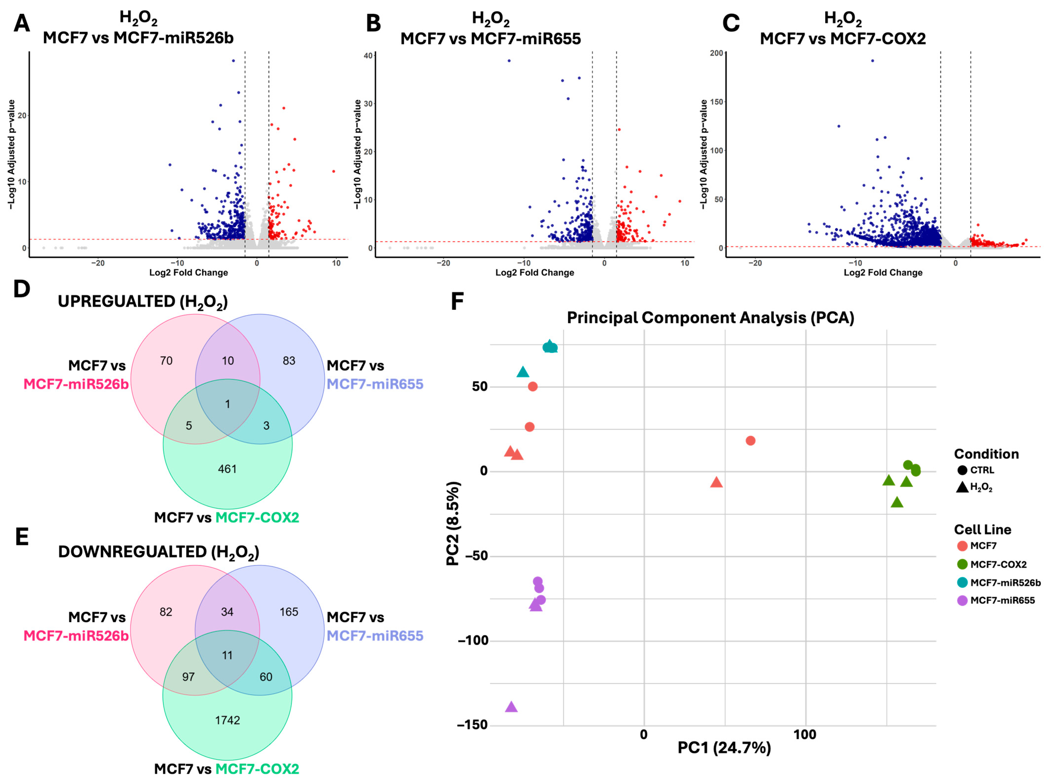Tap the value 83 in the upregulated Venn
[x=289, y=361]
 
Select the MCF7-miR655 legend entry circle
[x=962, y=601]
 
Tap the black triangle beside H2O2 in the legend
[x=962, y=487]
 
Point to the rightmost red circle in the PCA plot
[x=750, y=441]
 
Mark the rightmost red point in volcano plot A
[x=334, y=171]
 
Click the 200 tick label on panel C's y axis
[x=716, y=53]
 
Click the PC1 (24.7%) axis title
[x=724, y=748]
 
